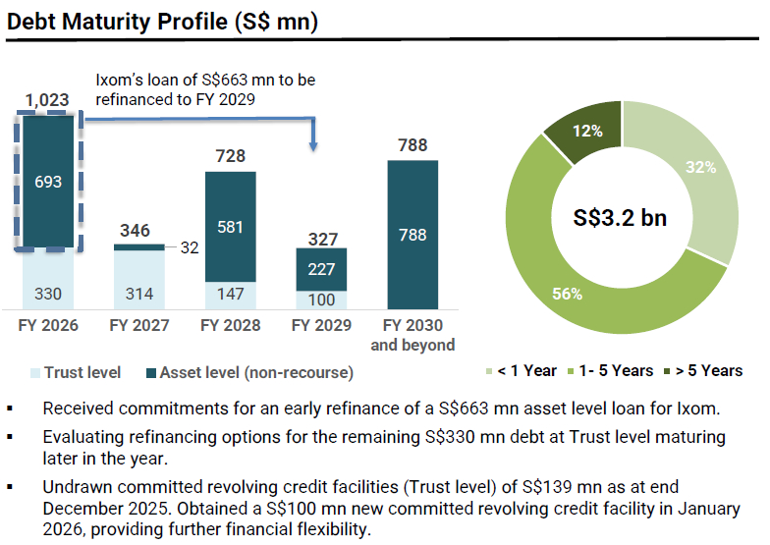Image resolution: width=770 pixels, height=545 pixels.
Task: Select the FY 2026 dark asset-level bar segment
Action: click(x=47, y=182)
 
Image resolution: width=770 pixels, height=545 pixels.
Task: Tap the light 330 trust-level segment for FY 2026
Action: click(x=47, y=293)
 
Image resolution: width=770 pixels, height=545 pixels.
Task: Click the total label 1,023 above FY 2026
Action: click(x=47, y=99)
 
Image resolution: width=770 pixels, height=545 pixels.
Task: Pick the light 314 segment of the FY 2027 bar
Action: click(x=138, y=293)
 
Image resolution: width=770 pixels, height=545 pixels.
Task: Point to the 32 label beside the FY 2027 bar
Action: click(x=189, y=247)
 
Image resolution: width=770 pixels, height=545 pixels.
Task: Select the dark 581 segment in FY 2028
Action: click(x=230, y=226)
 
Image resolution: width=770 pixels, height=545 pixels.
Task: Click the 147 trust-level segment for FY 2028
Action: click(x=230, y=295)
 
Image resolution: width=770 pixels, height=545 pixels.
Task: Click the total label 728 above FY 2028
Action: click(x=230, y=156)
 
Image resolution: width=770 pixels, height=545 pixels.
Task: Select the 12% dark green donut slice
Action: click(x=591, y=132)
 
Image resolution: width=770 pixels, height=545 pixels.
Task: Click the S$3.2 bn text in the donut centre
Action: click(x=620, y=217)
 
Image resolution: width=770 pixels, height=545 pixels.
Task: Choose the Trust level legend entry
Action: click(x=77, y=372)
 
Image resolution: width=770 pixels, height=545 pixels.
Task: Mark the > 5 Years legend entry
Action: click(x=703, y=370)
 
